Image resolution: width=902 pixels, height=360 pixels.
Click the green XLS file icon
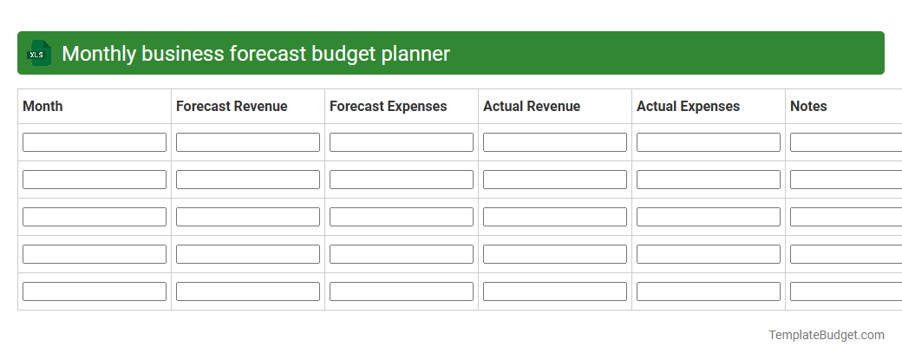[37, 54]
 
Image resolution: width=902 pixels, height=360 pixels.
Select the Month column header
[42, 107]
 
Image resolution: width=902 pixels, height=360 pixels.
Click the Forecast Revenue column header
[232, 107]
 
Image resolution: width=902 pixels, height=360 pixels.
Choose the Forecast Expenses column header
[389, 107]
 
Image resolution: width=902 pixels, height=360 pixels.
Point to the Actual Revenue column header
[532, 107]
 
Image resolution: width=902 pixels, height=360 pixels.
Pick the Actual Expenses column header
[689, 107]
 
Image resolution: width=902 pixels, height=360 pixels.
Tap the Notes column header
[808, 107]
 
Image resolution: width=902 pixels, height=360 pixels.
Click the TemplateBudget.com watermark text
[827, 335]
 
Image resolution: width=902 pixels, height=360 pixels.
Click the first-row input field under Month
[95, 142]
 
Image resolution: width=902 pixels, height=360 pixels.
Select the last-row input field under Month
[95, 291]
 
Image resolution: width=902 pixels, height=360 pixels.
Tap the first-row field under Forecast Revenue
[248, 142]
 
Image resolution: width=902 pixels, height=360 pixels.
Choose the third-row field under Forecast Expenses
[402, 217]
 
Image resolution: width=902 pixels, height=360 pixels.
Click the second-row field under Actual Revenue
[555, 180]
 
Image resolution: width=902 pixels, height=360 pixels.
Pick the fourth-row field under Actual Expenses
[709, 254]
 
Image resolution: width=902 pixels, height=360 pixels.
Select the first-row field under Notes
[846, 142]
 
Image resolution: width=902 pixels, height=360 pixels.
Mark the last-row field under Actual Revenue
[555, 291]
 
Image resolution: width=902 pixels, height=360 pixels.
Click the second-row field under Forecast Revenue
[248, 180]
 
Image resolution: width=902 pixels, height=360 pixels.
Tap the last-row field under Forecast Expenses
[402, 291]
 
